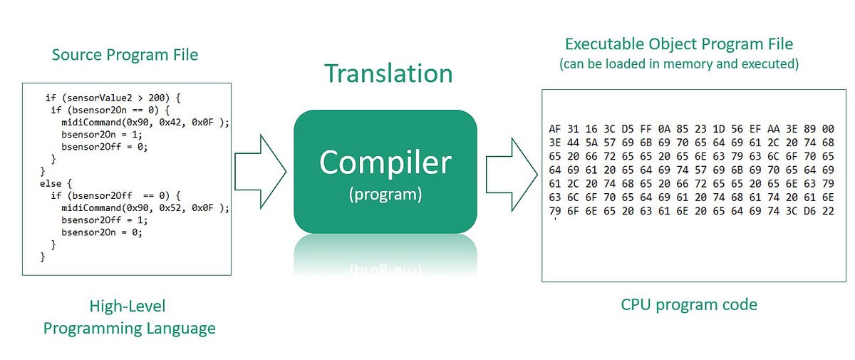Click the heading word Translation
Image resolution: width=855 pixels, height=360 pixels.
[388, 73]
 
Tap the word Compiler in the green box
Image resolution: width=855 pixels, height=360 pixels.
[385, 163]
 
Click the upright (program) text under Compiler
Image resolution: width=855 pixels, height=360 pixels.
[385, 194]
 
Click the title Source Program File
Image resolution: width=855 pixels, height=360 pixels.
[125, 55]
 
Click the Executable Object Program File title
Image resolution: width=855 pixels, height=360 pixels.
[678, 43]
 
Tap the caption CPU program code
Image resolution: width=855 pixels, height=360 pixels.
[689, 305]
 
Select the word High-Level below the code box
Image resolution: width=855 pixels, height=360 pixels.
[128, 307]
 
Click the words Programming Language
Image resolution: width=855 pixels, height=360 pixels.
[129, 329]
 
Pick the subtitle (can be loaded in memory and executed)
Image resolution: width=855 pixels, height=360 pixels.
[679, 64]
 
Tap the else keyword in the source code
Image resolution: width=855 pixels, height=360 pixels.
[50, 183]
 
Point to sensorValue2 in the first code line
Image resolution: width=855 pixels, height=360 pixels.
[100, 98]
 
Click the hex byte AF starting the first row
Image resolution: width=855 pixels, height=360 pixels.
[556, 129]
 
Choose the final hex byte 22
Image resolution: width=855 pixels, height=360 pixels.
[827, 210]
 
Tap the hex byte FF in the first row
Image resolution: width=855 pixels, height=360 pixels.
[646, 129]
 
